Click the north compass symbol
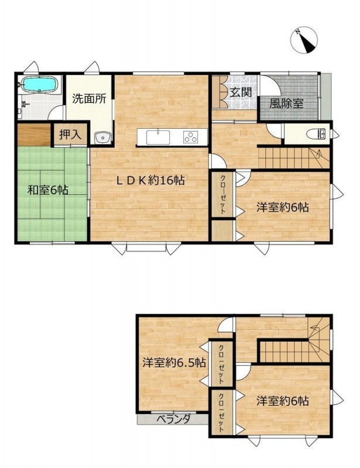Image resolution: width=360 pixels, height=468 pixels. [x=304, y=40]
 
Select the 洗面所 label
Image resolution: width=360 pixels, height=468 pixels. [x=89, y=99]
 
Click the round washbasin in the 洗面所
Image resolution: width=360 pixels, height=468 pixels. [x=102, y=138]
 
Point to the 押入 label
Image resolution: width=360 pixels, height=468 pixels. [x=70, y=135]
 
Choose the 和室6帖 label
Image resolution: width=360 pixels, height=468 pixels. [x=48, y=190]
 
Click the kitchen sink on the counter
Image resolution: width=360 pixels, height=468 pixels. [x=158, y=137]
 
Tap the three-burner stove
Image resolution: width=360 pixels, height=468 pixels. [x=191, y=137]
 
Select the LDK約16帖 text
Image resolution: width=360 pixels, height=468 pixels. [x=150, y=180]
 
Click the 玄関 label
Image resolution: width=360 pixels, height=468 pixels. [x=241, y=92]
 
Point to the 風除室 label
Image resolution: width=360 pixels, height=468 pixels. [x=286, y=104]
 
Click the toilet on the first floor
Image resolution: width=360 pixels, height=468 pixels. [x=316, y=135]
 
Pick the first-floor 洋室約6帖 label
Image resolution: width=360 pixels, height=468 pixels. [x=283, y=207]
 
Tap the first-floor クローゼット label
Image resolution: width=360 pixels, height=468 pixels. [x=223, y=194]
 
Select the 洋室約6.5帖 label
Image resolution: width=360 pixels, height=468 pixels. [x=174, y=363]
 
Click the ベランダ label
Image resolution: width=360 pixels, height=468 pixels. [x=174, y=419]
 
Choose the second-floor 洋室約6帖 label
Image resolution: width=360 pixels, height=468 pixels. [x=283, y=401]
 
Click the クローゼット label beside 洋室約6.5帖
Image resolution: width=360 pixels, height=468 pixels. [x=221, y=364]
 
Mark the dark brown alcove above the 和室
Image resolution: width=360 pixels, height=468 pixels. [x=34, y=135]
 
